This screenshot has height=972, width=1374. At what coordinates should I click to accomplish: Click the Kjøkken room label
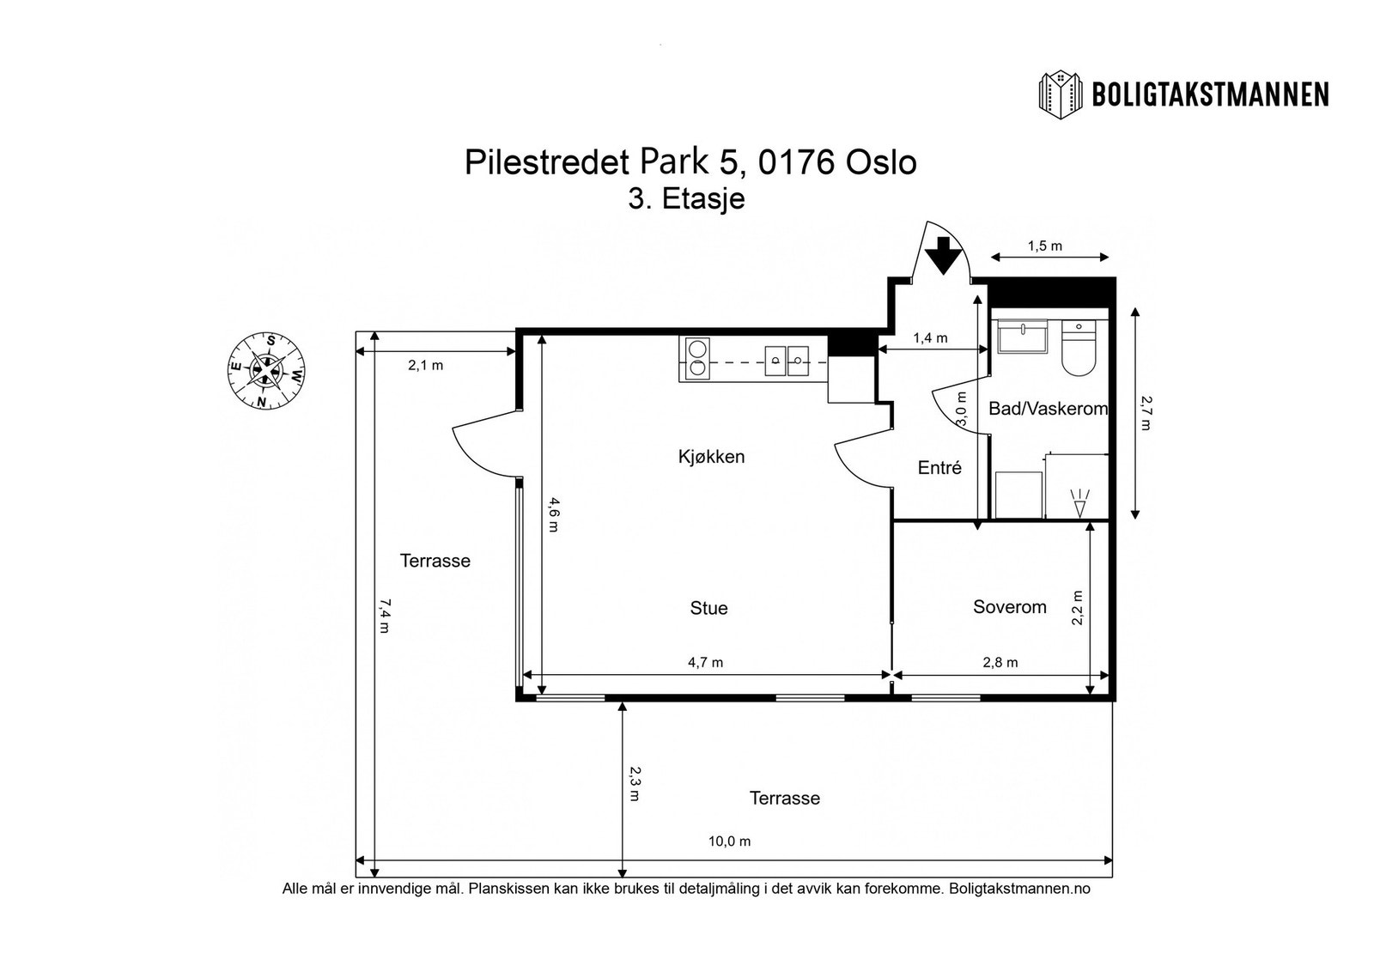(711, 457)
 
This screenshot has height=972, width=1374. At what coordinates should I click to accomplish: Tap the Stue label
(708, 608)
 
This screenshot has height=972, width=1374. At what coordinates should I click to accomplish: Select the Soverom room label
(1009, 607)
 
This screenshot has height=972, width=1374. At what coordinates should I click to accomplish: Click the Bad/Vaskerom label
(1048, 409)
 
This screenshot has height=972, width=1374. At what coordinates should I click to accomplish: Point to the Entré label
(939, 468)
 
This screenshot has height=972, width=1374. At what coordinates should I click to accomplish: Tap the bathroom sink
(1022, 337)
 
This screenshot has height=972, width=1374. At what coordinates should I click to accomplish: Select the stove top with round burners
(696, 359)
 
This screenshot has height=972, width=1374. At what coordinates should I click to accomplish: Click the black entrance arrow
(943, 255)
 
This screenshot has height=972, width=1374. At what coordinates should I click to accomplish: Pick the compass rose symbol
(267, 371)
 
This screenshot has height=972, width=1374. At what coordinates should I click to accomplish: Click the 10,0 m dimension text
(729, 841)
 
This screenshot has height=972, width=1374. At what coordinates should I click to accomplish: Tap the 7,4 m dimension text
(384, 617)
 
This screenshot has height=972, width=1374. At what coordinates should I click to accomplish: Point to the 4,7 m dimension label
(705, 662)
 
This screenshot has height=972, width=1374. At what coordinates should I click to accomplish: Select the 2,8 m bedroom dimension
(1000, 662)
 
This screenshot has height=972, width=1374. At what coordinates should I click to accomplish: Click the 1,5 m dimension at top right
(1044, 246)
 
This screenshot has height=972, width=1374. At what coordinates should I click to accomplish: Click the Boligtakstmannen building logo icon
(1061, 94)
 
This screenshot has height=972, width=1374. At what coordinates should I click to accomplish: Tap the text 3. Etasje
(686, 199)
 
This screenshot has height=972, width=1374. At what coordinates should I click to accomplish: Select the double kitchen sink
(788, 359)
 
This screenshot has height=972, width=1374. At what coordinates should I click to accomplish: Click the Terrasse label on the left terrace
(435, 561)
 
